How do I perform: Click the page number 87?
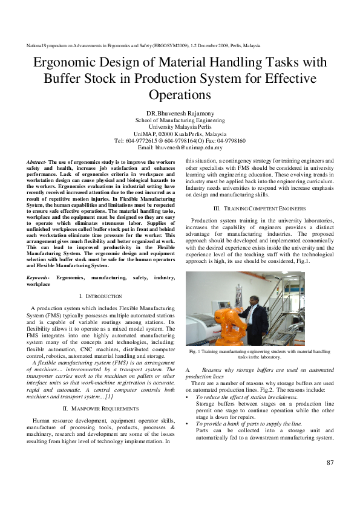[330, 463]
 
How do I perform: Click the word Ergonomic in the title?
[65, 63]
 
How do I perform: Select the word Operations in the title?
[180, 95]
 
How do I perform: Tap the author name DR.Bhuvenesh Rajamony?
[180, 114]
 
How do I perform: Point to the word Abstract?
[38, 163]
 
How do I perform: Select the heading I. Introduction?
[101, 296]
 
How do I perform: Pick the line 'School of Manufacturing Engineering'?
[180, 120]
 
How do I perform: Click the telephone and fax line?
[180, 140]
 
